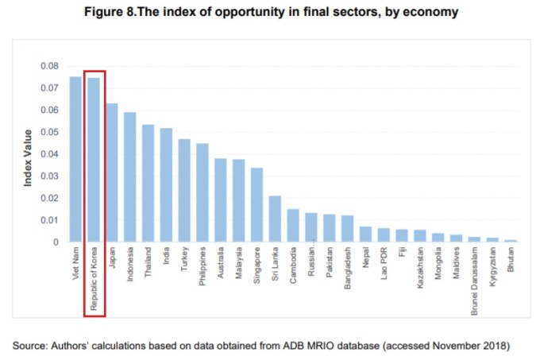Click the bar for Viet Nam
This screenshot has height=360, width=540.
76,159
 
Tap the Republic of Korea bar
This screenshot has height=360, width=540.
94,160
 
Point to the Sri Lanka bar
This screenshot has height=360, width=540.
275,219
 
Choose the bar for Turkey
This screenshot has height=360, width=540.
184,191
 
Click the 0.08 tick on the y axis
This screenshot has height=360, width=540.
48,66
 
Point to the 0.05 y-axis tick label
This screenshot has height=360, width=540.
48,132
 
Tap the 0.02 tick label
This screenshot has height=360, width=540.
48,198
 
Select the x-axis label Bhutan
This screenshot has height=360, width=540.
511,261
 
